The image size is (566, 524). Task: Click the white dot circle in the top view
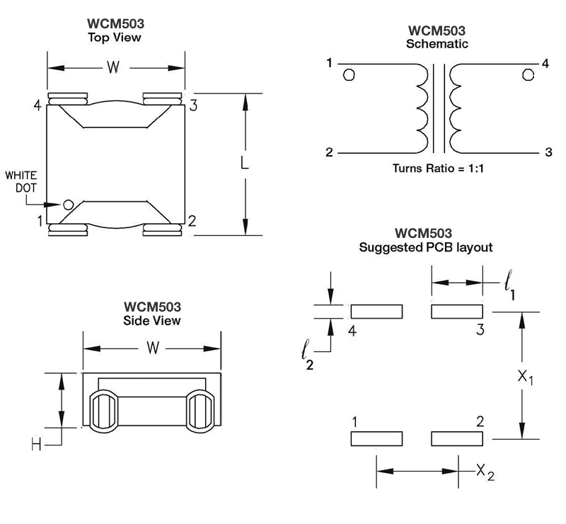pos(68,205)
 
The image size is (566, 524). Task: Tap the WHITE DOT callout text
pos(21,181)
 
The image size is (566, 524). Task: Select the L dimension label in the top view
pos(244,163)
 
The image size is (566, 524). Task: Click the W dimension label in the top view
pos(113,67)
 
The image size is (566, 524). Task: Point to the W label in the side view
pos(153,348)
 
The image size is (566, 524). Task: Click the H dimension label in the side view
pos(36,445)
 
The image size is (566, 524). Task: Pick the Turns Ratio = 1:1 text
pos(438,169)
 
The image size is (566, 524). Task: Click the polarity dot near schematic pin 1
pos(349,75)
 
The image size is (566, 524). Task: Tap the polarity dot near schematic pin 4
pos(528,75)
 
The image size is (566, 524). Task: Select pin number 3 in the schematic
pos(548,152)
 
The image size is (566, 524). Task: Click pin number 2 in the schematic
pos(329,152)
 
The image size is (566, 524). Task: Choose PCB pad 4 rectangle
pos(376,312)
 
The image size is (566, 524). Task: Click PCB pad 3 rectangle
pos(457,312)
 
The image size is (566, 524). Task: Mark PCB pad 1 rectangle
pos(376,439)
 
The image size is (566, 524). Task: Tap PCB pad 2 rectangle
pos(457,439)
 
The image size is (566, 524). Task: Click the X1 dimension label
pos(525,377)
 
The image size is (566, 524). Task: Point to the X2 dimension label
pos(485,472)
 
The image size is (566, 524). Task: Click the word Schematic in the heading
pos(437,44)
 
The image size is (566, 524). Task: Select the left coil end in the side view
pos(103,411)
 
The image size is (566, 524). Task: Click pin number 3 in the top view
pos(193,106)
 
